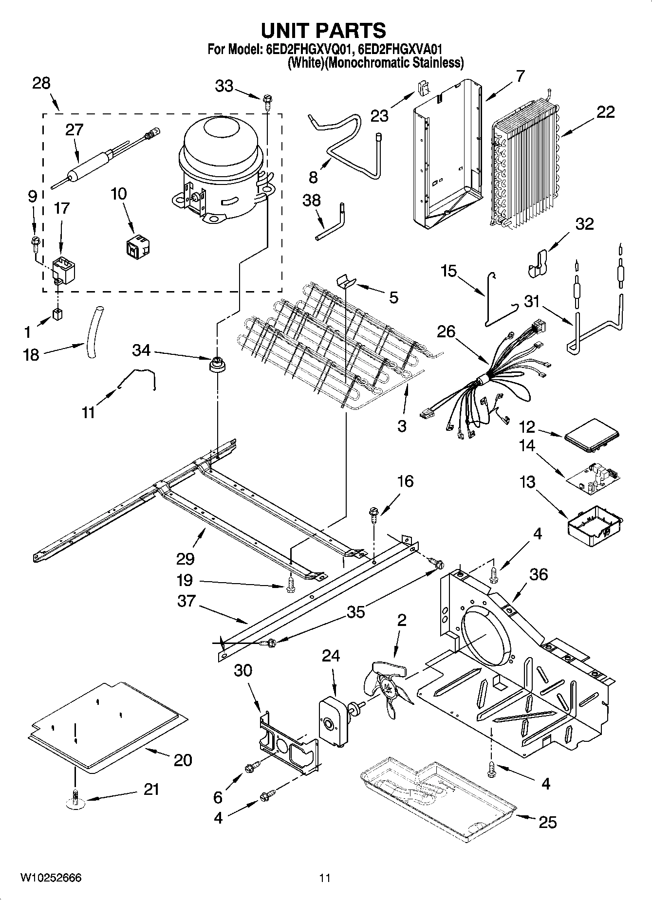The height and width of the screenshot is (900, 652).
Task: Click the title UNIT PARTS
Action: click(323, 31)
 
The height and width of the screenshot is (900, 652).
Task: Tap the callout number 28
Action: click(41, 83)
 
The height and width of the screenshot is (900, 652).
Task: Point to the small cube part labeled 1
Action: click(57, 314)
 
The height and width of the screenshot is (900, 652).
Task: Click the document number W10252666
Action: click(51, 878)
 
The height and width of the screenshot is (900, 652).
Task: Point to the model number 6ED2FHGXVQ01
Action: click(308, 50)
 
